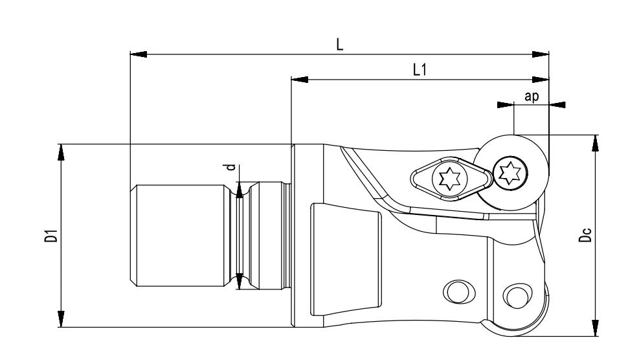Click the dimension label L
click(339, 44)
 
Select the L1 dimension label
click(420, 70)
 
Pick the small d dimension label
click(230, 168)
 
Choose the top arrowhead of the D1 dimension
click(62, 152)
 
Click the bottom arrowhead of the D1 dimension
click(62, 319)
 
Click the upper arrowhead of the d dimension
click(240, 190)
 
